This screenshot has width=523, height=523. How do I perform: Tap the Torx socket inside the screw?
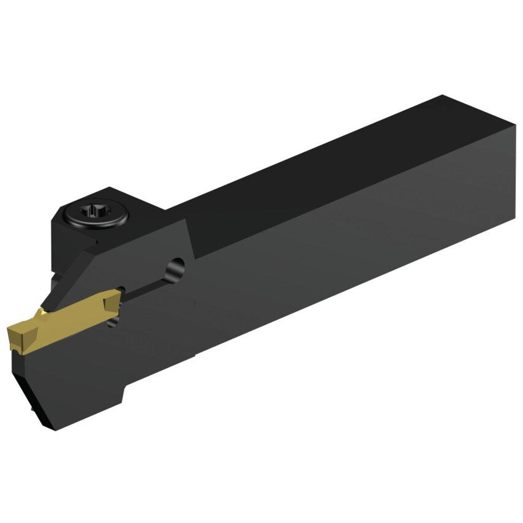pyautogui.click(x=98, y=214)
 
